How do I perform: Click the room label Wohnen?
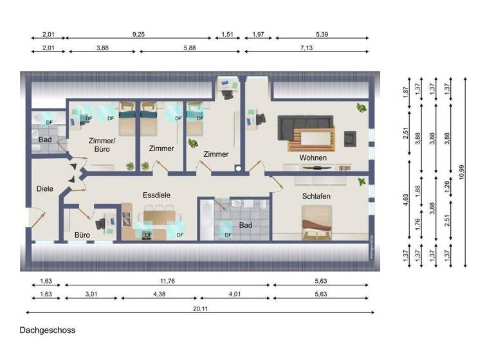[313, 157]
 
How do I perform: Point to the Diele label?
[44, 188]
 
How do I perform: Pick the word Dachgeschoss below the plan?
[47, 330]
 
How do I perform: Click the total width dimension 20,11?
[199, 307]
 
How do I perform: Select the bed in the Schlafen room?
[316, 222]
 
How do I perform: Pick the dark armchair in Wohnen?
[351, 138]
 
